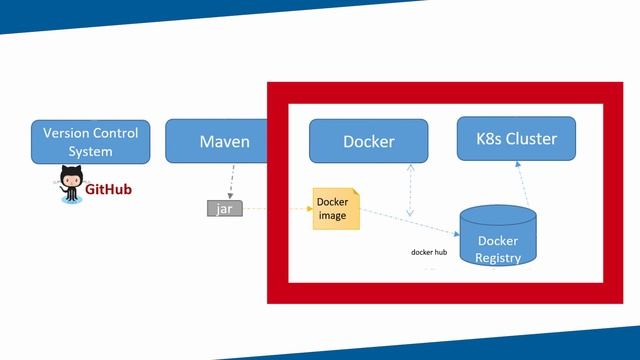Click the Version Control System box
coord(90,142)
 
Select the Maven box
coord(224,142)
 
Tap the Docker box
coord(368,141)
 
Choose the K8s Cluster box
coord(516,138)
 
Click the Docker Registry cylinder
coord(497,240)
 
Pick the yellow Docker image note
coord(335,209)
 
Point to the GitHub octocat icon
coord(70,186)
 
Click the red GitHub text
coord(108,189)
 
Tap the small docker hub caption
coord(428,252)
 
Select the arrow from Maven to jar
coord(230,182)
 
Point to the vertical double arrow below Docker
coord(410,190)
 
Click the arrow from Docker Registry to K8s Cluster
coord(522,185)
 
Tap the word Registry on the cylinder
coord(498,258)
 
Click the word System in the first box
coord(90,152)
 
